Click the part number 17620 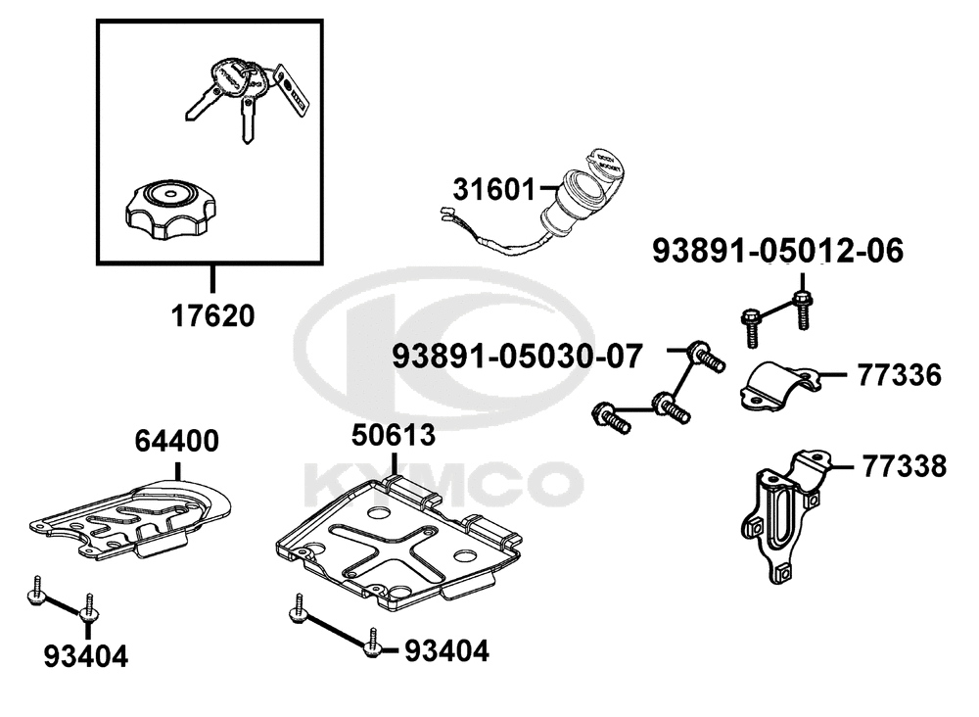[212, 316]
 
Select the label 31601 [494, 190]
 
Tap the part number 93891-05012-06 [778, 251]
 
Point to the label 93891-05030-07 [517, 358]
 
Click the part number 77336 [899, 375]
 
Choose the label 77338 [905, 466]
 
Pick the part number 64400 [176, 441]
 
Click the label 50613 [394, 435]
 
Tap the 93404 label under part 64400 [86, 656]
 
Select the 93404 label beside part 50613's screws [447, 651]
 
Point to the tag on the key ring [292, 89]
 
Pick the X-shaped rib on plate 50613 [391, 549]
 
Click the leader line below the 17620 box [212, 279]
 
